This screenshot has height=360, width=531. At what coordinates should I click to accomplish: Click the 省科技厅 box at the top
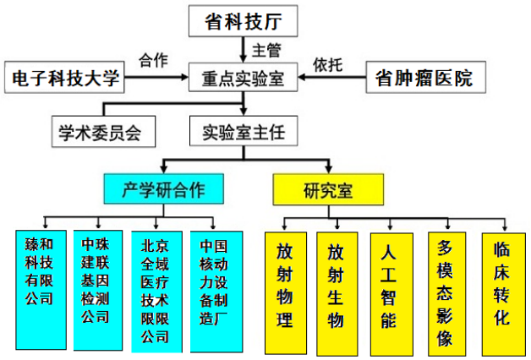(x=244, y=20)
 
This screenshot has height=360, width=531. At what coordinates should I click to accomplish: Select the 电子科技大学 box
(x=66, y=79)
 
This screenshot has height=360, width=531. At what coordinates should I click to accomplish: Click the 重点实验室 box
(x=243, y=79)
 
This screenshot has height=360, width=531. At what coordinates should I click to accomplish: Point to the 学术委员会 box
(x=100, y=133)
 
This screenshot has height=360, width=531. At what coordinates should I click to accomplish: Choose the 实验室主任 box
(x=243, y=133)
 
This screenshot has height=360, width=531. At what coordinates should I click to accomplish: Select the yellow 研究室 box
(x=327, y=189)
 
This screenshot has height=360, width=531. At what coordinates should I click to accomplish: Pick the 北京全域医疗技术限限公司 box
(x=156, y=290)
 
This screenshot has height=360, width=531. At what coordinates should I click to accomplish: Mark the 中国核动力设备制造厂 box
(x=213, y=290)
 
